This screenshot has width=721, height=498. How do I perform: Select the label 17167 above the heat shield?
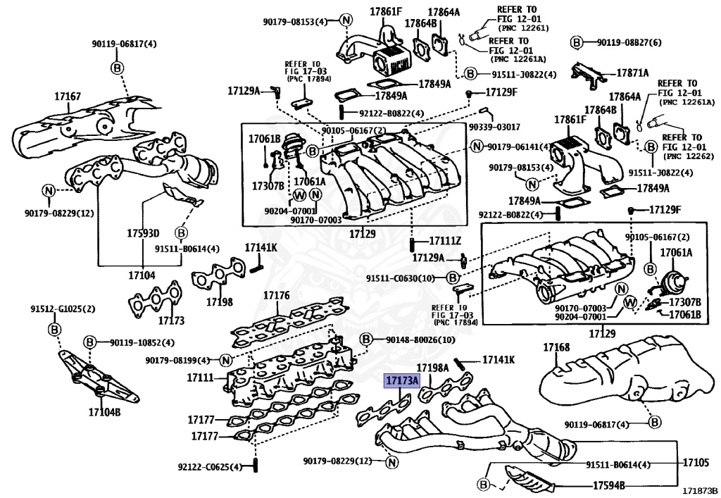point(68,96)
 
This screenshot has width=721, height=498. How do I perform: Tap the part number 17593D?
point(143,233)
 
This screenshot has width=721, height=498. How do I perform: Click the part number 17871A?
point(632,73)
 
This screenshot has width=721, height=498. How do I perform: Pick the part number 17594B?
point(608,485)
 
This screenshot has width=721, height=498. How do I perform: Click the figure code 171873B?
point(698,490)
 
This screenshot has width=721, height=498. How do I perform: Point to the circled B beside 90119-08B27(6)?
point(575,43)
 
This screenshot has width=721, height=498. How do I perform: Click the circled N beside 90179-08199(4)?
point(225,361)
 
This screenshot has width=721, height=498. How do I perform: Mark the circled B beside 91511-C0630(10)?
point(453,278)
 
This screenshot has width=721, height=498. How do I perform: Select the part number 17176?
point(277,296)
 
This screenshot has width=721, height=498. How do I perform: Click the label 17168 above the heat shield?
point(556,347)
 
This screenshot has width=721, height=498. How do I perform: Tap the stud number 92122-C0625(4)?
point(209,467)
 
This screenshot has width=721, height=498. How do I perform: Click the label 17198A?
point(432,368)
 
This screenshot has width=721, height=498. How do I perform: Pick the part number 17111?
point(200,378)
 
